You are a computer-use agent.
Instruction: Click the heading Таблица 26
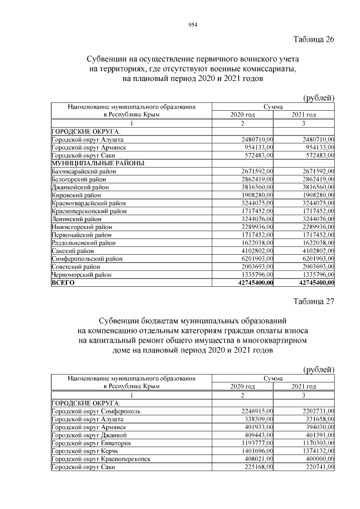[314, 39]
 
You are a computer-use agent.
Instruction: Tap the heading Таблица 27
[314, 301]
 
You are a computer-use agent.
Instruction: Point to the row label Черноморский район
[81, 274]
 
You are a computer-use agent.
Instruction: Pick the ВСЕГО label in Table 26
[64, 282]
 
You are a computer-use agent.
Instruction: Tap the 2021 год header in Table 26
[304, 115]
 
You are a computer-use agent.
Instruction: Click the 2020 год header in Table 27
[242, 387]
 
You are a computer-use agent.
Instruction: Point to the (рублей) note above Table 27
[318, 369]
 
